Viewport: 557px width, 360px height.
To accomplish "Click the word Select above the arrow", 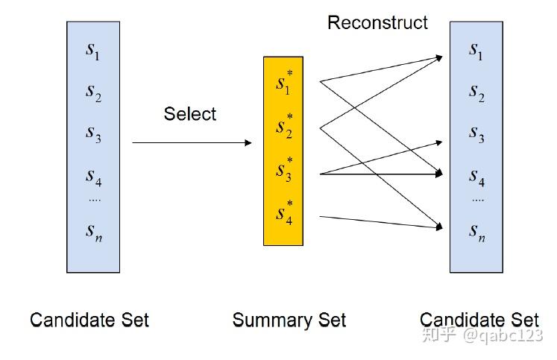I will [189, 114].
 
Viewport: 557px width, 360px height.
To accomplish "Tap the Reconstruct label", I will [377, 22].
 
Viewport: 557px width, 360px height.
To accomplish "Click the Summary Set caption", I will [289, 320].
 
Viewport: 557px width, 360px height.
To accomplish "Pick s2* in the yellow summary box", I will [283, 128].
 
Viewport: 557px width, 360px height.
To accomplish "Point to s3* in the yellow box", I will [283, 171].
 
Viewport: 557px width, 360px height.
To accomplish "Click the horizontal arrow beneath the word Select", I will [192, 142].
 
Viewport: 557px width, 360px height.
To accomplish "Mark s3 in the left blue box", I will [92, 134].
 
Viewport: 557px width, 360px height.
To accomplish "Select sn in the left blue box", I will [92, 232].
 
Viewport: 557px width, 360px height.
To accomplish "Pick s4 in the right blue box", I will [476, 177].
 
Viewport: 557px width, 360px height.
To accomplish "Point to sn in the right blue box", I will [476, 232].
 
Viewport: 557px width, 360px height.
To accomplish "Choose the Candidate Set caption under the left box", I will [89, 320].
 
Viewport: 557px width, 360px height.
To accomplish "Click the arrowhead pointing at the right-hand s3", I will [438, 140].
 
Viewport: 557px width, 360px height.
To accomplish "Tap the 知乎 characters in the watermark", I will [439, 336].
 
